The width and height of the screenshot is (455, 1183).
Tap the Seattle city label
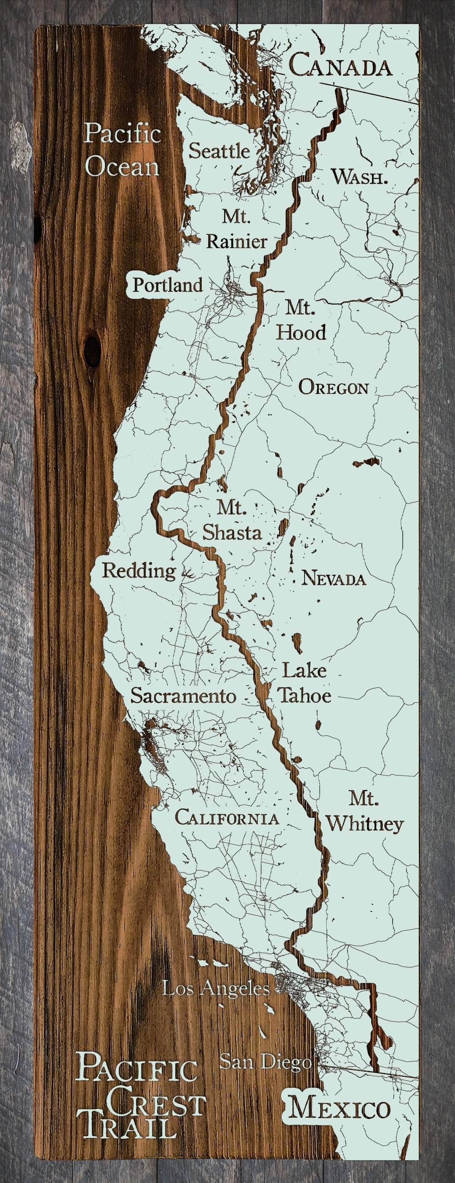click(x=219, y=151)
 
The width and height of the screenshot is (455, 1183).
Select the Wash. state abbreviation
click(x=359, y=177)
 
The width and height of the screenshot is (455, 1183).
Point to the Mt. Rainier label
click(x=236, y=229)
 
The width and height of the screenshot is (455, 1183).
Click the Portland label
click(x=168, y=285)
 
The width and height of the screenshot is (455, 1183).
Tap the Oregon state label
click(x=333, y=388)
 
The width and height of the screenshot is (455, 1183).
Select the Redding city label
click(x=139, y=570)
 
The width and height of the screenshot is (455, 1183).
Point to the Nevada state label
click(x=333, y=578)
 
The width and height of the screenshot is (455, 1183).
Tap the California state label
click(x=227, y=818)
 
